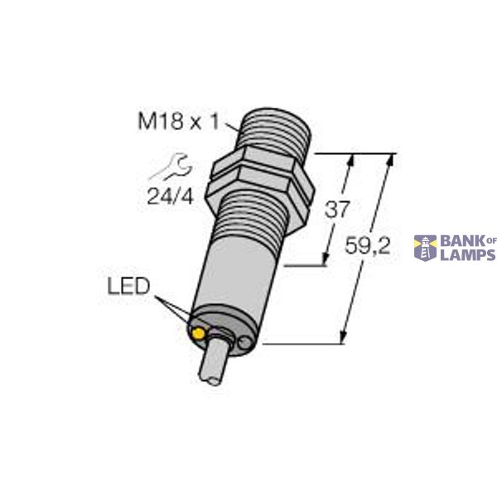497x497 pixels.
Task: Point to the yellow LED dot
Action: pyautogui.click(x=199, y=334)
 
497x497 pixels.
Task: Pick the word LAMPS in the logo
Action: pyautogui.click(x=467, y=255)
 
